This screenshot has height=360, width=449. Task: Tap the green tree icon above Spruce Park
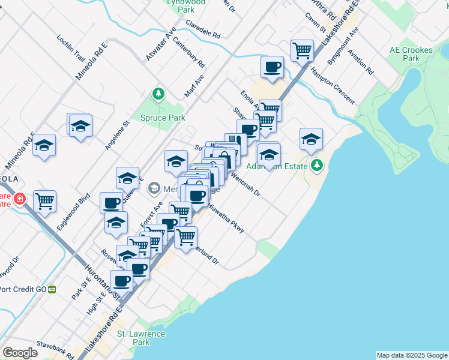coord(158,94)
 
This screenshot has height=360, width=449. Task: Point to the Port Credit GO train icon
coord(52,289)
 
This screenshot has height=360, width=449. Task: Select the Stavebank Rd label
coord(55,350)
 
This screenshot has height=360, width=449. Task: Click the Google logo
coord(20,353)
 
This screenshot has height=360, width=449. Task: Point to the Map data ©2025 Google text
coord(412,355)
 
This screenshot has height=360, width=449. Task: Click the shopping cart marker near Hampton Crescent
coord(302,50)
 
